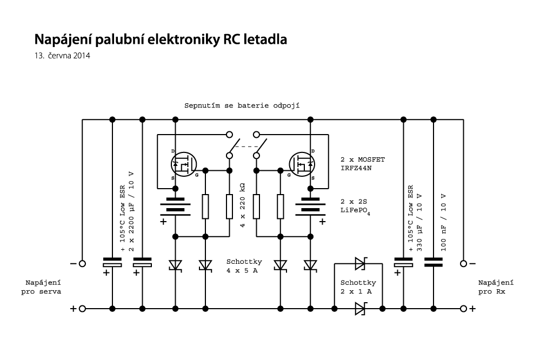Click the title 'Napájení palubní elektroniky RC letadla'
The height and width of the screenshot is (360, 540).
(x=161, y=39)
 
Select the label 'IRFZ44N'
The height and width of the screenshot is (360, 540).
(x=356, y=168)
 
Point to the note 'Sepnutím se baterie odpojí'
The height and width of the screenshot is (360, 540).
(x=242, y=104)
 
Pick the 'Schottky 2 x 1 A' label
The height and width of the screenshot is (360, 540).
(x=358, y=287)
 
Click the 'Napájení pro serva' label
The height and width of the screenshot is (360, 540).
(x=43, y=286)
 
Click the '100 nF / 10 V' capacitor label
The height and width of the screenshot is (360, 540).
(x=444, y=221)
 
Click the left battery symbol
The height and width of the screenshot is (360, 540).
(x=175, y=205)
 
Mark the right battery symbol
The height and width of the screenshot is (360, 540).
(x=311, y=205)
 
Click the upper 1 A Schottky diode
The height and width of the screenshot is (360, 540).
(x=359, y=264)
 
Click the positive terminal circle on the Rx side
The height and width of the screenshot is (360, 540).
(x=463, y=309)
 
